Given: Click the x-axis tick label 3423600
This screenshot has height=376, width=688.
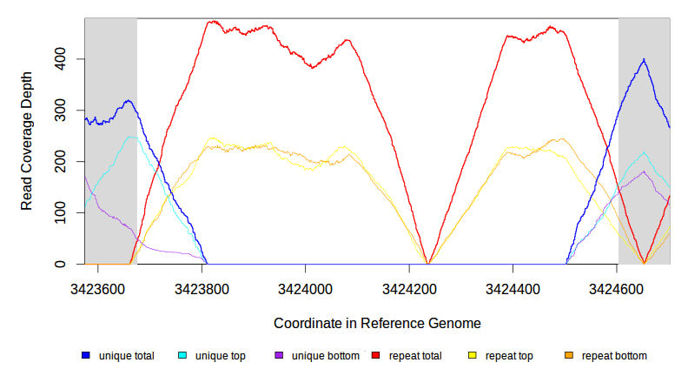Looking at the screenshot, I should coord(98,287).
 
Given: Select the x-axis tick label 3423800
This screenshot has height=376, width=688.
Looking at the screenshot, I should coord(202,287).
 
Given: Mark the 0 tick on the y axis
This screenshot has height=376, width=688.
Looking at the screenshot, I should coord(62,265).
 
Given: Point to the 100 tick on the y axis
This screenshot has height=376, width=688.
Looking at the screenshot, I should coord(62,213).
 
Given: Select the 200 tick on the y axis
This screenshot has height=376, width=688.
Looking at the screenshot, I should coord(62,162).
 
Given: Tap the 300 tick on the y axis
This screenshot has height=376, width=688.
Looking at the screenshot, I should coord(62,111).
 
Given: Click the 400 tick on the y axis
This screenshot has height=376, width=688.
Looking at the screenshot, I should coord(62,59).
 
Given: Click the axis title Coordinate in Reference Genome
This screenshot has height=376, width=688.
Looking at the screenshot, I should coord(377,323).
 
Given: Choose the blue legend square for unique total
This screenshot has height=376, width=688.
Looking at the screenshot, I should coord(86,356).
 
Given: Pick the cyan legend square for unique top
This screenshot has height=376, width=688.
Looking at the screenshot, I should coord(182,356).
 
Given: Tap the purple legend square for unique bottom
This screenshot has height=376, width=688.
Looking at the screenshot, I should coord(279,356).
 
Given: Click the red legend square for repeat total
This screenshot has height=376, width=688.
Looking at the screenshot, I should coord(376,356).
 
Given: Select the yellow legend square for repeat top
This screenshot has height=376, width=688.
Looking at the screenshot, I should coord(473,356).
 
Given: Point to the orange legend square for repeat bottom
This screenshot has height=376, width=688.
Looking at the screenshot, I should coord(569,356).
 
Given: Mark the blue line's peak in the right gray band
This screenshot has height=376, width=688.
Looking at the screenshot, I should coord(644,59).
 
